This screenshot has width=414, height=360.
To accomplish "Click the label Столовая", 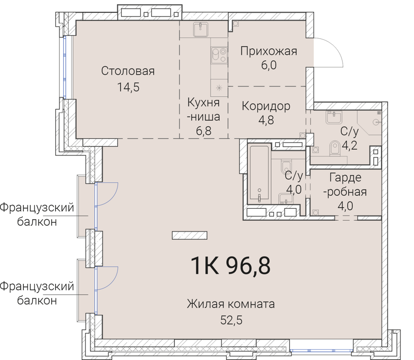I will coord(128,71).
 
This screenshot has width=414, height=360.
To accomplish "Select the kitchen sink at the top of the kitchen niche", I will coord(200,30).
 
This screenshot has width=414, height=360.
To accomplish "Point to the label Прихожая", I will coord(269,51).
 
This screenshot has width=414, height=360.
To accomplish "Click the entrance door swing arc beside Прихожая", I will coord(329,52).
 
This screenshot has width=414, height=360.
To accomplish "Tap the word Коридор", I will coord(266,106).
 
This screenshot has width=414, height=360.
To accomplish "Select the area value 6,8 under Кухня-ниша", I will coord(204,132).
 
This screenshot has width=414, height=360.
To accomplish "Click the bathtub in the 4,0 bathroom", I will coord(258,174).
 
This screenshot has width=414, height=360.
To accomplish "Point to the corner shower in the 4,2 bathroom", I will coord(375,121).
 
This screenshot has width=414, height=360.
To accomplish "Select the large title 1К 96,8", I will coord(231,266).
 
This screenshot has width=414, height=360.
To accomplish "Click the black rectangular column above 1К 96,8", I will coord(186,235).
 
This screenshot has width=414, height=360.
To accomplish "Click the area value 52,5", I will coord(231,320).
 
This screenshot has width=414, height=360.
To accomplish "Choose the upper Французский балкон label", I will coord(36,214).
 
